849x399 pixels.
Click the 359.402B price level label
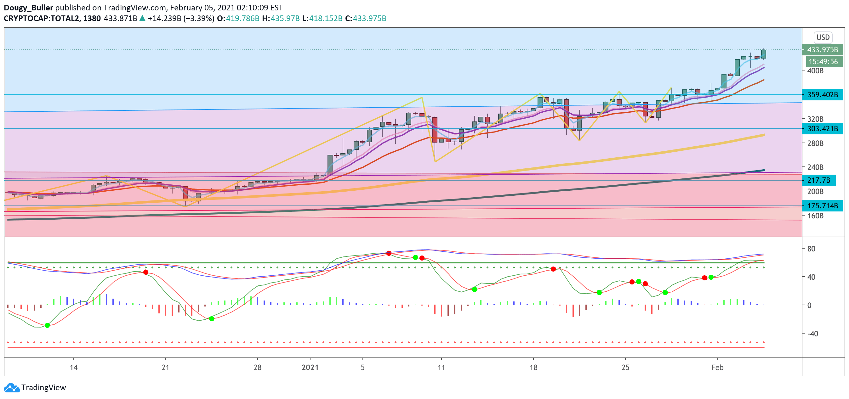822,95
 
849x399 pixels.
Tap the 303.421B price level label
822,129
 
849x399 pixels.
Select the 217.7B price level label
818,180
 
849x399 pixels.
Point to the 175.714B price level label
822,206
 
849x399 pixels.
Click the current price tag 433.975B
822,50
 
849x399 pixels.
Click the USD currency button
823,37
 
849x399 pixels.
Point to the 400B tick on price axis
815,71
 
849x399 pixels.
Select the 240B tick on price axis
815,167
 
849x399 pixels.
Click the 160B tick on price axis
815,216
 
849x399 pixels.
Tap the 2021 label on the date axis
310,368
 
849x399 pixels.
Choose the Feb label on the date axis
717,368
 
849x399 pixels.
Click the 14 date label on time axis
73,368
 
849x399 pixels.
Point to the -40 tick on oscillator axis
812,334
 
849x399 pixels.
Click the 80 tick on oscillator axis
811,249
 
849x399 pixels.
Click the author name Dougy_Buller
28,8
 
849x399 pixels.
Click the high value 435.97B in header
285,19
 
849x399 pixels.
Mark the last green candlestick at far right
763,54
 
